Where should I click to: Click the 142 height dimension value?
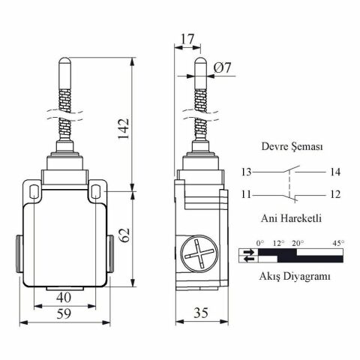(x=124, y=129)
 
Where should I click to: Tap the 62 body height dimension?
(x=124, y=235)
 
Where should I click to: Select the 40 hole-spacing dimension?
(x=64, y=298)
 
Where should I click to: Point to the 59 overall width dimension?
(x=64, y=313)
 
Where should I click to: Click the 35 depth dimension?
(x=201, y=313)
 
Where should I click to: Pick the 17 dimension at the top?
(x=187, y=39)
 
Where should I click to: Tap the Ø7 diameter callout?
(x=223, y=67)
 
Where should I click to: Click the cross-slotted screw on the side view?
(x=199, y=253)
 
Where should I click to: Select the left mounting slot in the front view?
(x=34, y=191)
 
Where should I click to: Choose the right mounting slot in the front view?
(x=96, y=191)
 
